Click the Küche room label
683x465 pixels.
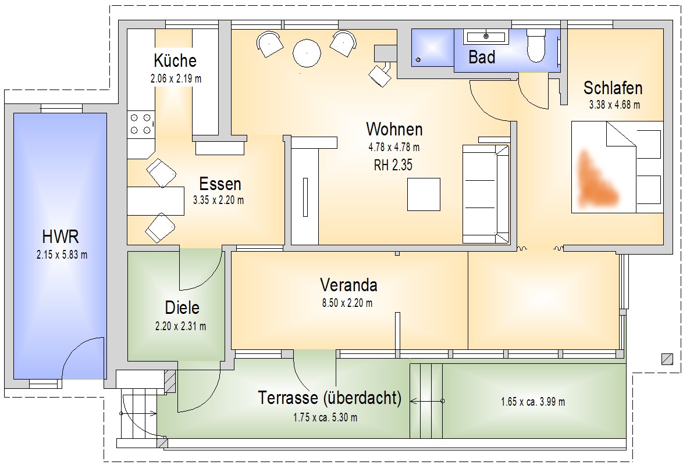(x=175, y=60)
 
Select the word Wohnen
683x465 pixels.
(x=394, y=129)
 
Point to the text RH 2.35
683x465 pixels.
(x=393, y=165)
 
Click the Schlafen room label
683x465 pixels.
(x=613, y=88)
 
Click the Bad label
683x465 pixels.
(x=482, y=57)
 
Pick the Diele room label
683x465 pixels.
(x=182, y=307)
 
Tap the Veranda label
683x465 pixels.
(x=348, y=285)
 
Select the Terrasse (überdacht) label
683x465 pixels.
(x=330, y=399)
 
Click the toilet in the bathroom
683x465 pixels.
(x=535, y=46)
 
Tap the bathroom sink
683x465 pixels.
(x=485, y=37)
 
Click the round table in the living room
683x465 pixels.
(x=307, y=53)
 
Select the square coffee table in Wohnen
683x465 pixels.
(x=424, y=194)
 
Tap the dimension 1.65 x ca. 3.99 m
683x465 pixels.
(x=532, y=402)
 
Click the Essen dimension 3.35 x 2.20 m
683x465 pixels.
(x=218, y=200)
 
